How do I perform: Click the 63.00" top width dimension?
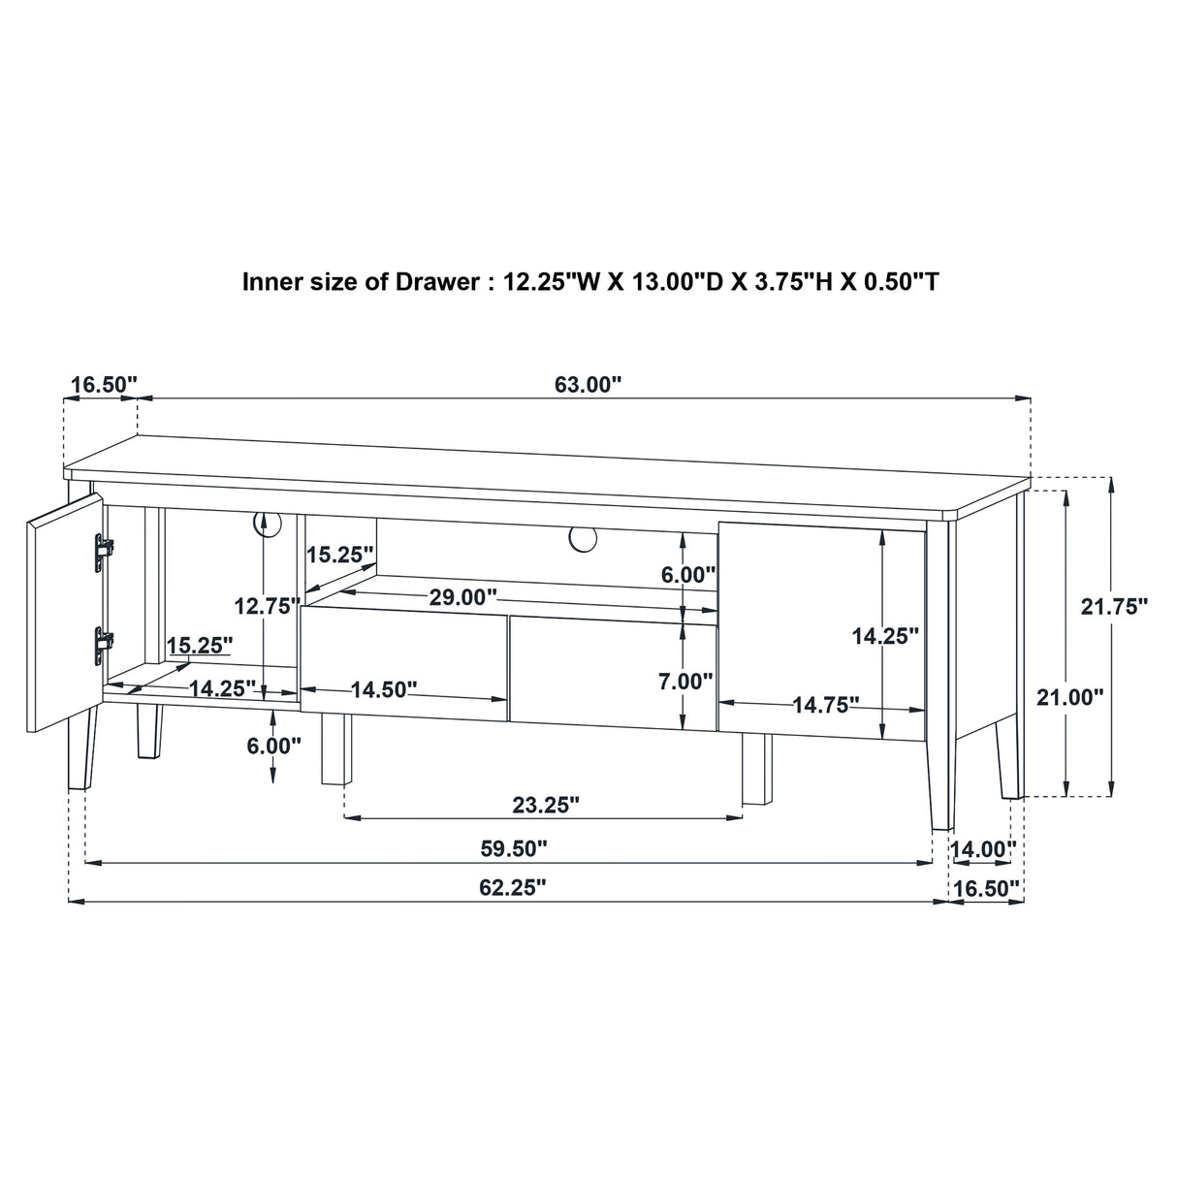587,385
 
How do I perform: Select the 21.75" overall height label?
1114,607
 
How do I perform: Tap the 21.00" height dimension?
1070,696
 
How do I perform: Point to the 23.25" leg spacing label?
545,805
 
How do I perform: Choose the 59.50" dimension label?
513,848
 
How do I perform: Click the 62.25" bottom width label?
512,887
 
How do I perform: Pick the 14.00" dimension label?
983,849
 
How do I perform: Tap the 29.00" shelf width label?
463,597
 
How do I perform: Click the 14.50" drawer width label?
384,689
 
